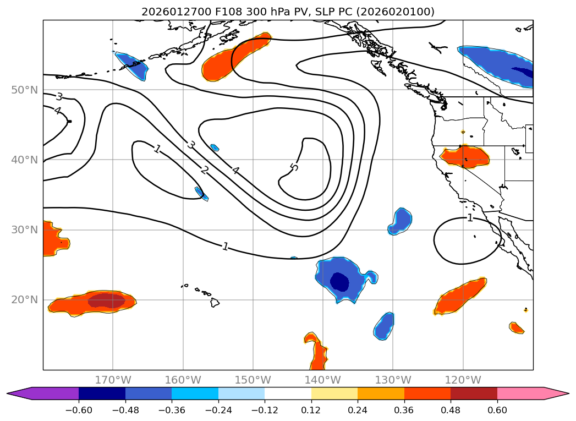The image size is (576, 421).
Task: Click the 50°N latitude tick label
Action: click(24, 90)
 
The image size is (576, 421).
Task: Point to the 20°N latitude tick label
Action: click(24, 300)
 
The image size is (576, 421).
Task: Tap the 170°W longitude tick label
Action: click(113, 380)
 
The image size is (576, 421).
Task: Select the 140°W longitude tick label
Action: click(323, 380)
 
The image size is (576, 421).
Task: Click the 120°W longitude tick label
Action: click(463, 380)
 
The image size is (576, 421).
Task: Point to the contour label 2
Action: click(204, 171)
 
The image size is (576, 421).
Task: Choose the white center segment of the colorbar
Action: click(288, 393)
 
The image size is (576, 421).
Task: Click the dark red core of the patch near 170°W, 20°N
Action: click(106, 300)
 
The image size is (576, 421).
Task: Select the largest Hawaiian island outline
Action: click(215, 303)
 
